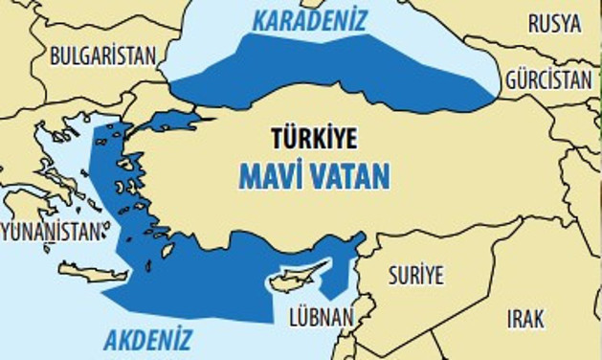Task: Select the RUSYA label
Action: [554, 24]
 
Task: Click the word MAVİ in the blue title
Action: [273, 176]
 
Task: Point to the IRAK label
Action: [525, 319]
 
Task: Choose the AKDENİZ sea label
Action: [147, 339]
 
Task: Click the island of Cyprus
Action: [292, 281]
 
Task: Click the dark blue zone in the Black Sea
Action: [335, 67]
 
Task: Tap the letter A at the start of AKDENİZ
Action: [110, 339]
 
